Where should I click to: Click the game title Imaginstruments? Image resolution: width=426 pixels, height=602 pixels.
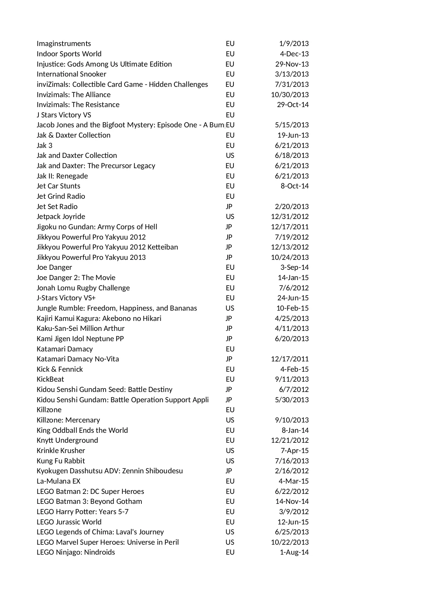64,44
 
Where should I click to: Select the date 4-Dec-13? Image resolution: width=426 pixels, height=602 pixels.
294,54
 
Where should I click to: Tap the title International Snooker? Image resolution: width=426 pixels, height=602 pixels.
71,74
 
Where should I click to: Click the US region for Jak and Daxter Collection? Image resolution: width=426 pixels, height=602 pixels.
230,155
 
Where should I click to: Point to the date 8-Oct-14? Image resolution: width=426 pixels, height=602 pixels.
295,186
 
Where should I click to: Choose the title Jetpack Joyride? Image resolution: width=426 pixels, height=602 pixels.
61,217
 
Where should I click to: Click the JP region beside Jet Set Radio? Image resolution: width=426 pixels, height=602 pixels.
229,207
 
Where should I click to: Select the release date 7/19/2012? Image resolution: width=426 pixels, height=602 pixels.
291,237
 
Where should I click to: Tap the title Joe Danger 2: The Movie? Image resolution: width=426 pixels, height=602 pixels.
76,278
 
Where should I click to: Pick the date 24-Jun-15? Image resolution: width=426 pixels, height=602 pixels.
293,298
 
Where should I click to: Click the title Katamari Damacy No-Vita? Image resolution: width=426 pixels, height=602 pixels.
78,359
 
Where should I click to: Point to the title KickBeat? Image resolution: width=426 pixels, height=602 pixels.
50,379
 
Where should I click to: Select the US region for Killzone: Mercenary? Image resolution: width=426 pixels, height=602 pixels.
230,420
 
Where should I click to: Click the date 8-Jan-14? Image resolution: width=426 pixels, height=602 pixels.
295,430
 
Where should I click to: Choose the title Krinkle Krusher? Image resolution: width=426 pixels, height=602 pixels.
61,451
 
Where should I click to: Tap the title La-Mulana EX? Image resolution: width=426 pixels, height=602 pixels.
58,481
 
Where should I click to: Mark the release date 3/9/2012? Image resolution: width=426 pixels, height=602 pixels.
293,512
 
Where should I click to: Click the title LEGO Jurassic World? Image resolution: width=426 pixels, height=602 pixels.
69,522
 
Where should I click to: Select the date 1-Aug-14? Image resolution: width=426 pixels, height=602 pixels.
294,552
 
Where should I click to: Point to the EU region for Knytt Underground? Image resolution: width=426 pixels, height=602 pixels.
230,440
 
